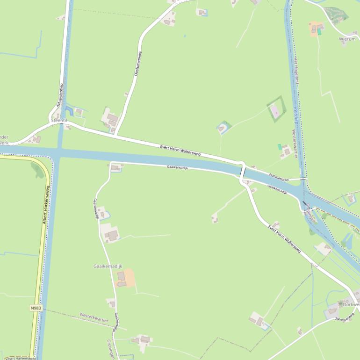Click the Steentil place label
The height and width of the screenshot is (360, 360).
point(59,121)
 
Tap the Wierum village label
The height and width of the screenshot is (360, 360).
point(347,39)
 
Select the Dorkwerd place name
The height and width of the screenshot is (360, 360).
point(351,304)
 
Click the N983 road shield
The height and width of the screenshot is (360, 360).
point(36,308)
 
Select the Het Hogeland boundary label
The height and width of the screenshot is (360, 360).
point(296,71)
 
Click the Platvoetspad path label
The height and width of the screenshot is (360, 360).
point(279,177)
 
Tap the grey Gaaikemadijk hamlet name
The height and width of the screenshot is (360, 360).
point(108,266)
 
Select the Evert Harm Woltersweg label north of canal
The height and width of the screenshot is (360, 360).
point(180,150)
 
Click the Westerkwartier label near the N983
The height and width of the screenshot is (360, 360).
point(94,318)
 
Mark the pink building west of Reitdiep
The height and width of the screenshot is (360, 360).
point(274,111)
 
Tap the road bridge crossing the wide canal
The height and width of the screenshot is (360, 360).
point(242,172)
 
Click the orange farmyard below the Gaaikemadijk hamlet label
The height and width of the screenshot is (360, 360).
point(125,278)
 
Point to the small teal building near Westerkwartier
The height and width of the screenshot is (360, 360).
point(280,147)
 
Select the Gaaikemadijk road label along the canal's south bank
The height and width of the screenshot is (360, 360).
point(177,167)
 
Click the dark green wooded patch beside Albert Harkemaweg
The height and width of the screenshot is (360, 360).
point(37,170)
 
